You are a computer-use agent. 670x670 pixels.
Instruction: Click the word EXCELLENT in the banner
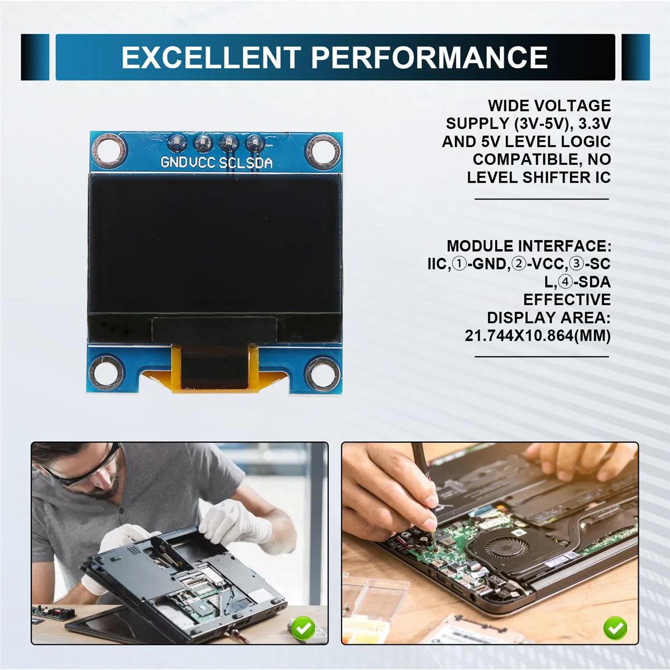[211, 58]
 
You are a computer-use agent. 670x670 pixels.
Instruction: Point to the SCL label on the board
[232, 162]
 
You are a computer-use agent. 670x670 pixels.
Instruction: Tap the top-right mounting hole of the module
[323, 149]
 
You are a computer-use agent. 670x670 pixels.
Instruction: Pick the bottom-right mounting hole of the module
[322, 371]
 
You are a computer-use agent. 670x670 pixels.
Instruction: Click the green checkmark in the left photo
[303, 629]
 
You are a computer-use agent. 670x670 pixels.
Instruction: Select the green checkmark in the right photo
[615, 629]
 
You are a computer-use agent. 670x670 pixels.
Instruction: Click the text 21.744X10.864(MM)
[538, 336]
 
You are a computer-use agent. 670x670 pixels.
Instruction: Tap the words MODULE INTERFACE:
[529, 246]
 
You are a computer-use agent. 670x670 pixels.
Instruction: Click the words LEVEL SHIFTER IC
[539, 178]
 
